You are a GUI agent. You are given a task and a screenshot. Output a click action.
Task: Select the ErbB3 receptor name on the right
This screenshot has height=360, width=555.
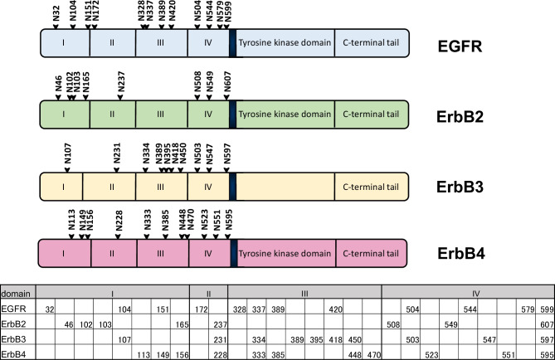462,184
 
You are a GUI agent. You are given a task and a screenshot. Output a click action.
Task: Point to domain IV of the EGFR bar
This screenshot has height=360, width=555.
207,43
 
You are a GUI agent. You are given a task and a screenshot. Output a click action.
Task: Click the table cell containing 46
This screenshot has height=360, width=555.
68,324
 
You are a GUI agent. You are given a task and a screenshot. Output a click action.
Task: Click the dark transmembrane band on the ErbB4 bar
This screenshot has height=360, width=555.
231,252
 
